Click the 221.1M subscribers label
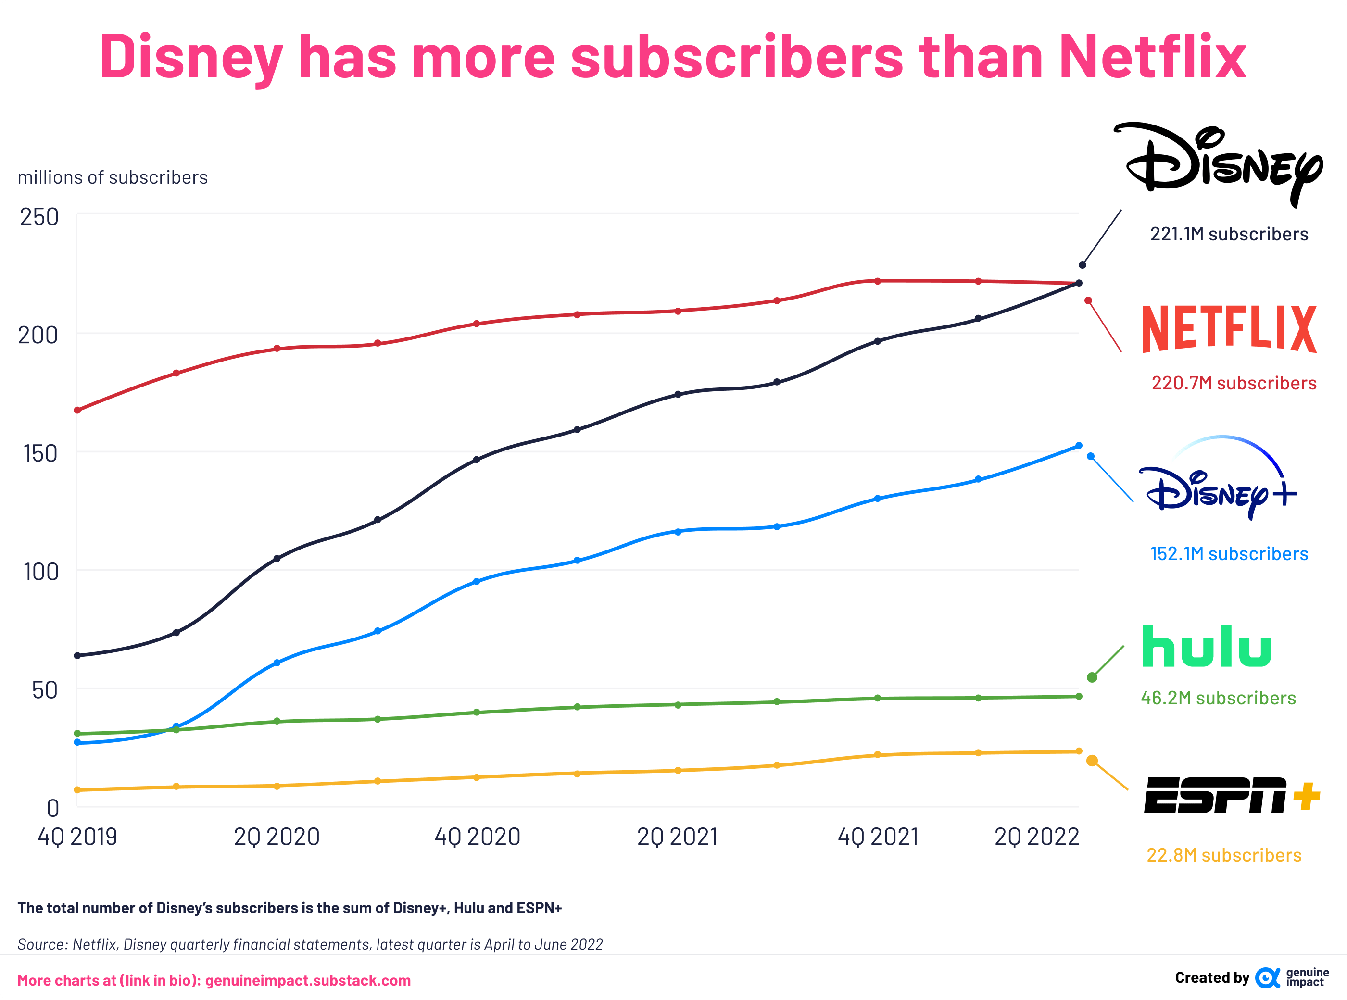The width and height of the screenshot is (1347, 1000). pyautogui.click(x=1229, y=234)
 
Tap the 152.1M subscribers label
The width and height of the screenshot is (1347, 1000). pyautogui.click(x=1229, y=554)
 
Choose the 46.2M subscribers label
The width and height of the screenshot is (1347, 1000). pyautogui.click(x=1218, y=698)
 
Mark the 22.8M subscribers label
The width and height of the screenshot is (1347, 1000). pyautogui.click(x=1223, y=855)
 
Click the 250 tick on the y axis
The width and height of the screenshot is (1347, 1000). pyautogui.click(x=39, y=217)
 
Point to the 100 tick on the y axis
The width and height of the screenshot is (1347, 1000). pyautogui.click(x=40, y=572)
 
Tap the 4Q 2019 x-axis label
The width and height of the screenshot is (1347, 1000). pyautogui.click(x=77, y=837)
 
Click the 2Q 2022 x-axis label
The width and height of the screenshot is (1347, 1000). pyautogui.click(x=1036, y=837)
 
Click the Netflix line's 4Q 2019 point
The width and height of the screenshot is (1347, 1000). pyautogui.click(x=77, y=411)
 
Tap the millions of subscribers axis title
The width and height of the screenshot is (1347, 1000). pyautogui.click(x=113, y=177)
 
